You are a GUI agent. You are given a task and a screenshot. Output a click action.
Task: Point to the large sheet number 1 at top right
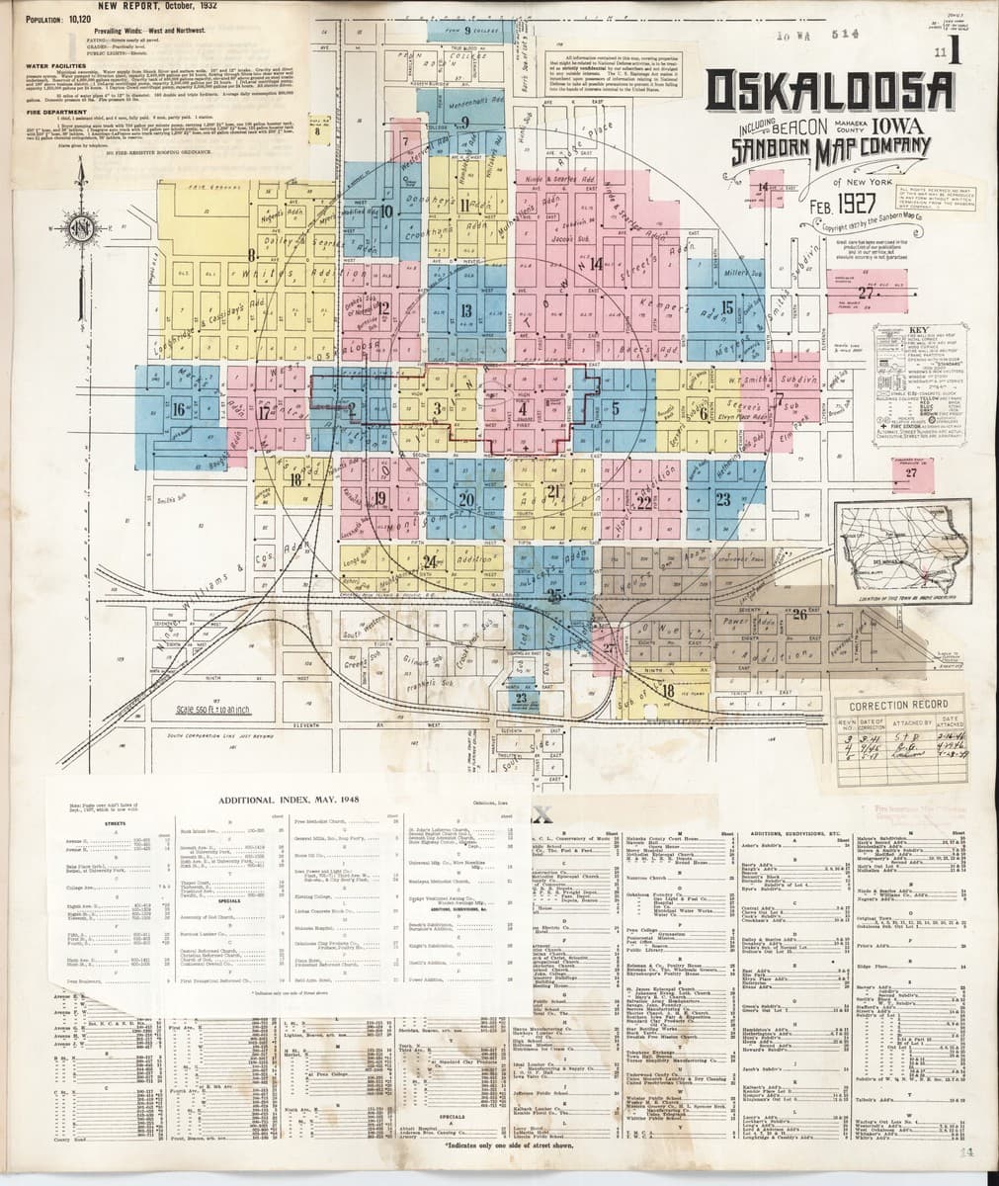(955, 55)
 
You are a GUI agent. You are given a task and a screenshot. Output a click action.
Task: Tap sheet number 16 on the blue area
(179, 408)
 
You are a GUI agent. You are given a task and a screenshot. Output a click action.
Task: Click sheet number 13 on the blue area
(466, 310)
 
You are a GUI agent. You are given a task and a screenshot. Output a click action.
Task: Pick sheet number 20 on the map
(466, 499)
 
